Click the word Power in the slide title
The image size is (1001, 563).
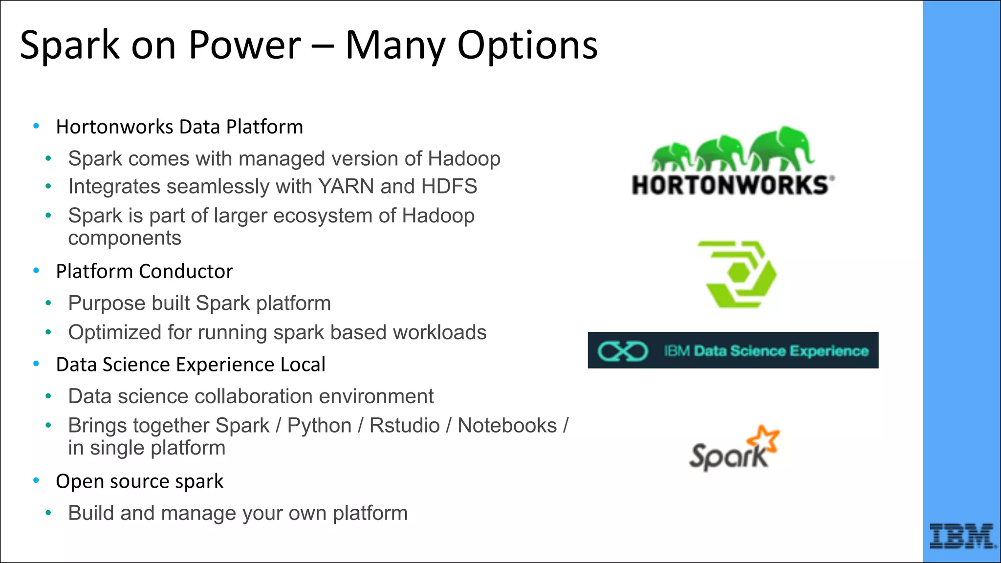[x=244, y=45]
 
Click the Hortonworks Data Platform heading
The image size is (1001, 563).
[x=179, y=127]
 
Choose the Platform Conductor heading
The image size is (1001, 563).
[x=144, y=272]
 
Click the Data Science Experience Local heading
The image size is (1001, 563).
[x=191, y=365]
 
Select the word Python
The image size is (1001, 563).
[x=319, y=426]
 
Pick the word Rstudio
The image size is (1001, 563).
[x=404, y=426]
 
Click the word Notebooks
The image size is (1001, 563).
[x=507, y=426]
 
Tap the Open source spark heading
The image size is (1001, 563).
[x=139, y=482]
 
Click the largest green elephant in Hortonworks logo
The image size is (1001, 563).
[x=781, y=147]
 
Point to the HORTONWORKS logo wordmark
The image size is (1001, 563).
[x=731, y=186]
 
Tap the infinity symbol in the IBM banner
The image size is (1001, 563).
[x=622, y=351]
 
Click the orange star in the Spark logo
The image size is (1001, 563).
[x=764, y=438]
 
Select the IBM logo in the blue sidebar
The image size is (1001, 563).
[x=961, y=537]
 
